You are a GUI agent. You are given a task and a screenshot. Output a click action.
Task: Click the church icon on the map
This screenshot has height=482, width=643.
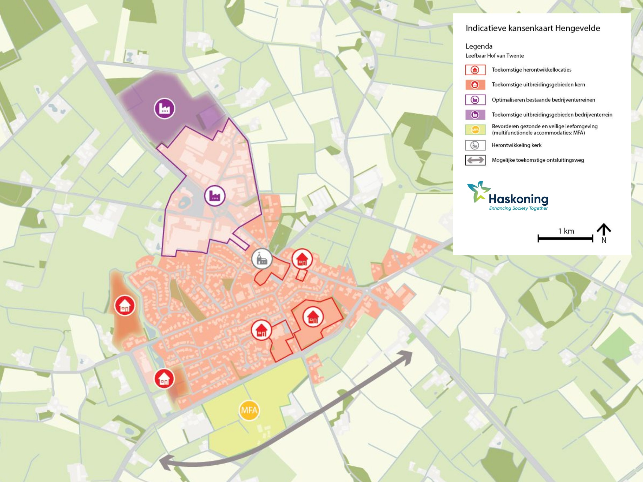tap(261, 259)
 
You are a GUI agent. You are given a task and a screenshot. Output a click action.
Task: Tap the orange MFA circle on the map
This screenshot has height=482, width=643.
tap(249, 410)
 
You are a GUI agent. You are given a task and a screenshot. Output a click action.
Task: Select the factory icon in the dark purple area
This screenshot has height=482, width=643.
tap(165, 109)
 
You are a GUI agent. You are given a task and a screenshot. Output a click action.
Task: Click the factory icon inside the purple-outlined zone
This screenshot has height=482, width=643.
tap(215, 196)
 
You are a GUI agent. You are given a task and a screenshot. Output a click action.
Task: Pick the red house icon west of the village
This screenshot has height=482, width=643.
tap(125, 305)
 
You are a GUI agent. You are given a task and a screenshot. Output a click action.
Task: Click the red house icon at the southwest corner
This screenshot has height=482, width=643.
tap(164, 379)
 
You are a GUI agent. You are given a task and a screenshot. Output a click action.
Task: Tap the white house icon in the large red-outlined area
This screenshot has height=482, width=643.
tap(313, 317)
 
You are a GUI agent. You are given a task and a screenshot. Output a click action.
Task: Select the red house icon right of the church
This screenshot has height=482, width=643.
tap(302, 259)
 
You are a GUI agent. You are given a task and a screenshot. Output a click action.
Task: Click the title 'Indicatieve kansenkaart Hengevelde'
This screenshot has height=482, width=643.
tap(533, 28)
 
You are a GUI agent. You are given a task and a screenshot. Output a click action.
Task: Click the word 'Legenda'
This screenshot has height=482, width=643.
tap(479, 46)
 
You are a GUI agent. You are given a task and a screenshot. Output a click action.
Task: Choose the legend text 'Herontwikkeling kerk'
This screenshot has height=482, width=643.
tap(516, 145)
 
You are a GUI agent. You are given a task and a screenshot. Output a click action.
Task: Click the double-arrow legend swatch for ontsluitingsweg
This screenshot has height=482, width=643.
tap(475, 160)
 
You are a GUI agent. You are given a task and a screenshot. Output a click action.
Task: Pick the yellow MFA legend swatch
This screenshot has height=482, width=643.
tap(475, 130)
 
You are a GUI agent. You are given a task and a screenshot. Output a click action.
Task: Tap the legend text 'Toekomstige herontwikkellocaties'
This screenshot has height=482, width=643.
tap(531, 70)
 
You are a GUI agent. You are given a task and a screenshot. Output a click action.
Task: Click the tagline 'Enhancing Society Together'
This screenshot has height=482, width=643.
tap(518, 208)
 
